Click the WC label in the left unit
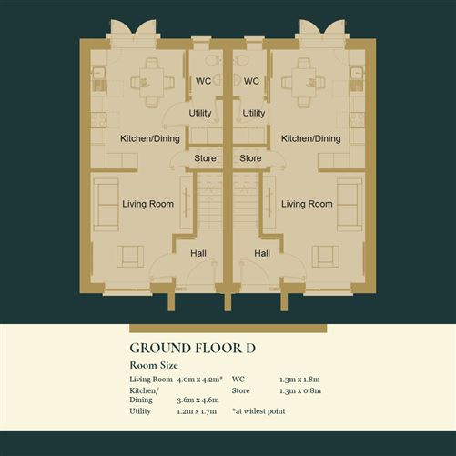pos(203,81)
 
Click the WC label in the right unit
pos(251,81)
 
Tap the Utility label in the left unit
pos(200,114)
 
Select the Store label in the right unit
pos(250,158)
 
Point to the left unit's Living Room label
pos(148,204)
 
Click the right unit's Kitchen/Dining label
pos(311,138)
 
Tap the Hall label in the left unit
pos(198,253)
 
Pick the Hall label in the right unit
pos(262,253)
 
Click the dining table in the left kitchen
pos(151,83)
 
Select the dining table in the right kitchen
pos(304,83)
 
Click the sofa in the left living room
pos(106,205)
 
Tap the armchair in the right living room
pos(326,257)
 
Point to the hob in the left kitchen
pos(98,120)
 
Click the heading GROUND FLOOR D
pos(192,348)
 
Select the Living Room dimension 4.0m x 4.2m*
pos(199,380)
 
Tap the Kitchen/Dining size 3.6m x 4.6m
pos(198,400)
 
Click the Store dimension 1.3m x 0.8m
pos(300,390)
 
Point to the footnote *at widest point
pos(258,411)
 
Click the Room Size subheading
pos(154,365)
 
